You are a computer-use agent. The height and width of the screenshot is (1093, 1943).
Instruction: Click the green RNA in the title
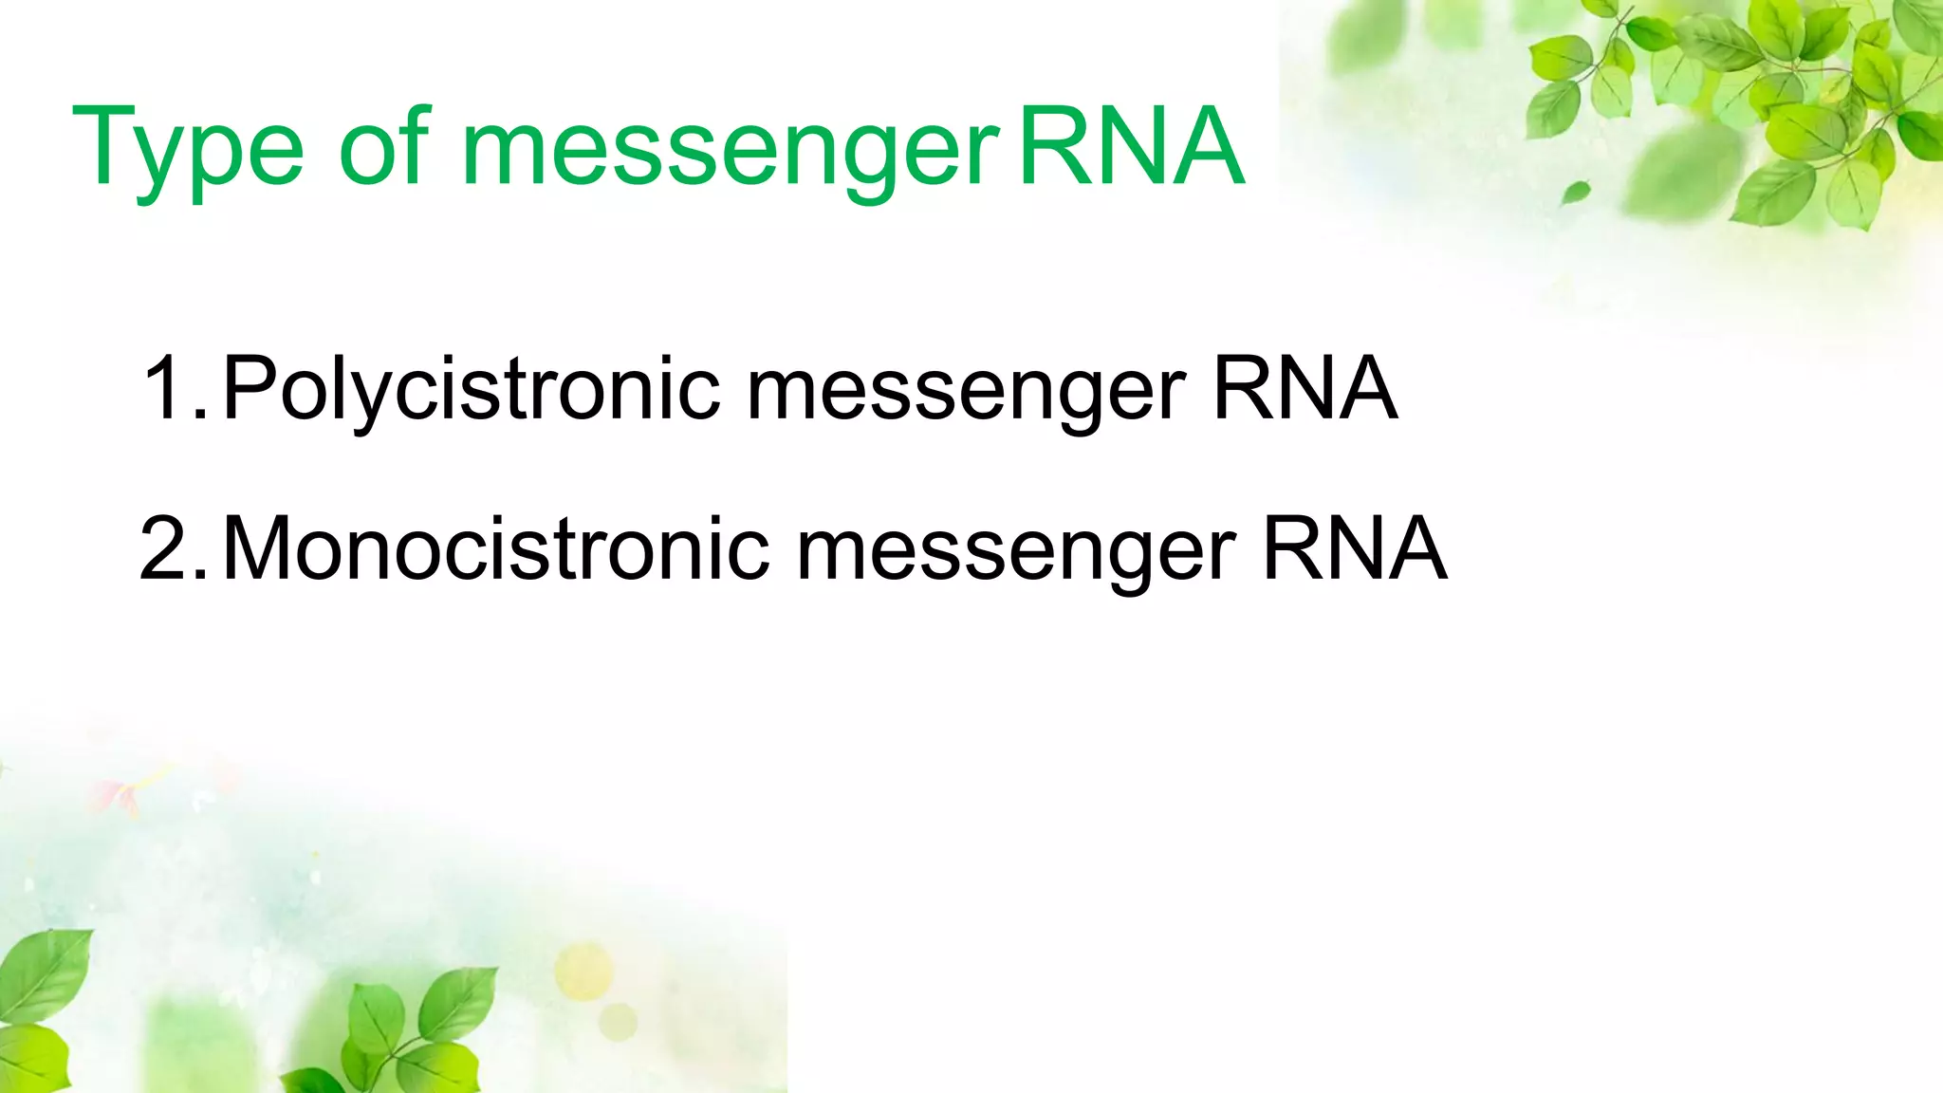point(1131,147)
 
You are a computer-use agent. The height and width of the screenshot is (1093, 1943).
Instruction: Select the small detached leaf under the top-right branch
point(1575,193)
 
